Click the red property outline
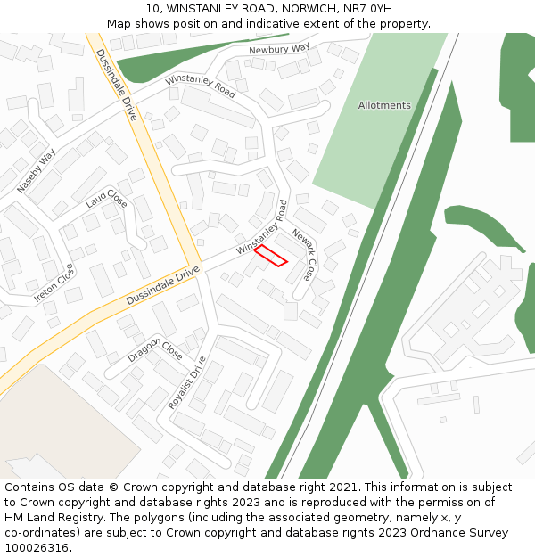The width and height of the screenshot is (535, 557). click(270, 256)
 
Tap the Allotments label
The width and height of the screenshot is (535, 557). click(384, 105)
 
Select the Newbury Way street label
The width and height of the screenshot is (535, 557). click(279, 49)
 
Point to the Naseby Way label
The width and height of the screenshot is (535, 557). click(36, 170)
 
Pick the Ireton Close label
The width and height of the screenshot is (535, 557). click(53, 284)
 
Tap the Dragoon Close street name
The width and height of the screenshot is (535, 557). click(155, 347)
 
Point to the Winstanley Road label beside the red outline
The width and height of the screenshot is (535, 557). click(261, 227)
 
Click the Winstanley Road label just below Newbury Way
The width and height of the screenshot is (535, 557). click(201, 87)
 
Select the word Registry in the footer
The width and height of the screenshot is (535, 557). click(92, 518)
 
